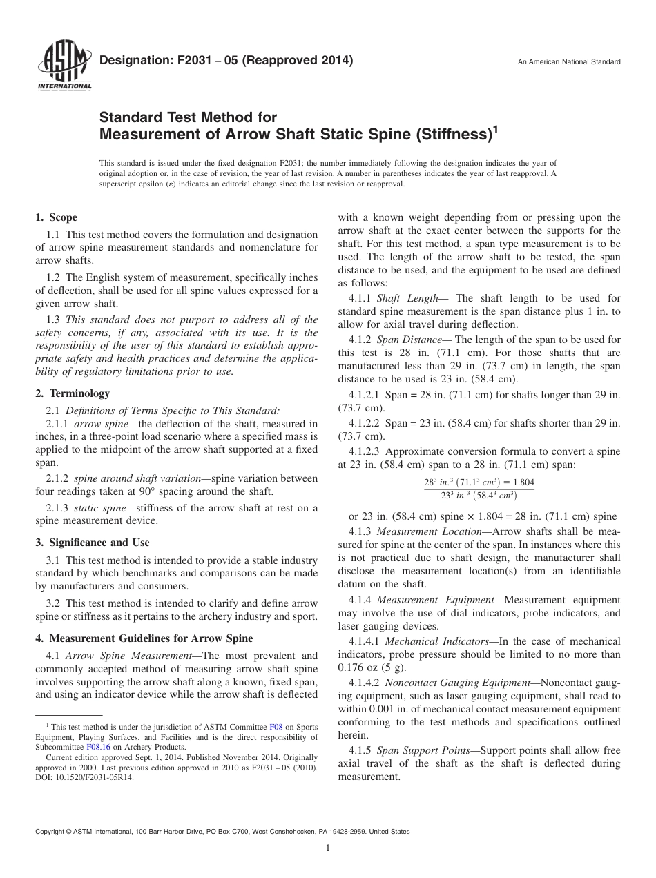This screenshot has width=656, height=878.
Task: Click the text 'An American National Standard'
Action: point(569,62)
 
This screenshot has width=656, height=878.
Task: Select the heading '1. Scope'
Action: point(57,217)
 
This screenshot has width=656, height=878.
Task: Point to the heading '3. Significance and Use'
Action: point(93,543)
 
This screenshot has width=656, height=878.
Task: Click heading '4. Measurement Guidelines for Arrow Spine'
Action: point(144,638)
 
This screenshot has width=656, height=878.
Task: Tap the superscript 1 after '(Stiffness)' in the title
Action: point(495,128)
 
